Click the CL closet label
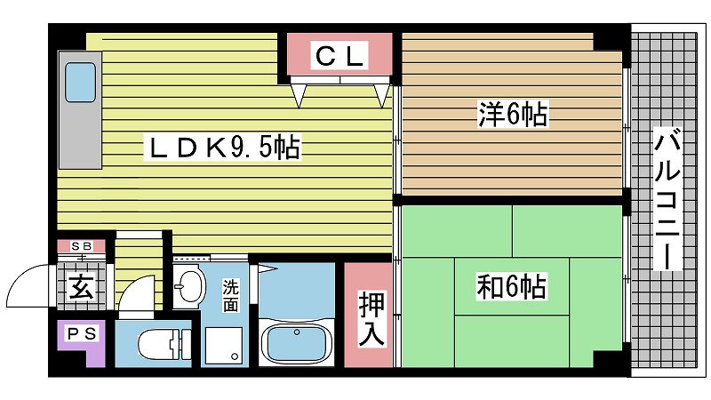pyautogui.click(x=340, y=56)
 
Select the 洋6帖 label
pyautogui.click(x=513, y=114)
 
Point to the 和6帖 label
pyautogui.click(x=511, y=285)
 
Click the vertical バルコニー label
pyautogui.click(x=667, y=199)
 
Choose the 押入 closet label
pyautogui.click(x=371, y=318)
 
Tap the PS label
pyautogui.click(x=82, y=334)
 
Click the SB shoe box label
pyautogui.click(x=82, y=246)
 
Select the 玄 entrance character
pyautogui.click(x=82, y=286)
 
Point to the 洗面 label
pyautogui.click(x=230, y=295)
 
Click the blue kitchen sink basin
pyautogui.click(x=80, y=82)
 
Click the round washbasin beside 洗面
pyautogui.click(x=190, y=286)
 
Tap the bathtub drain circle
pyautogui.click(x=297, y=332)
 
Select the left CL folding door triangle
pyautogui.click(x=299, y=95)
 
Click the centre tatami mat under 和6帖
pyautogui.click(x=512, y=286)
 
